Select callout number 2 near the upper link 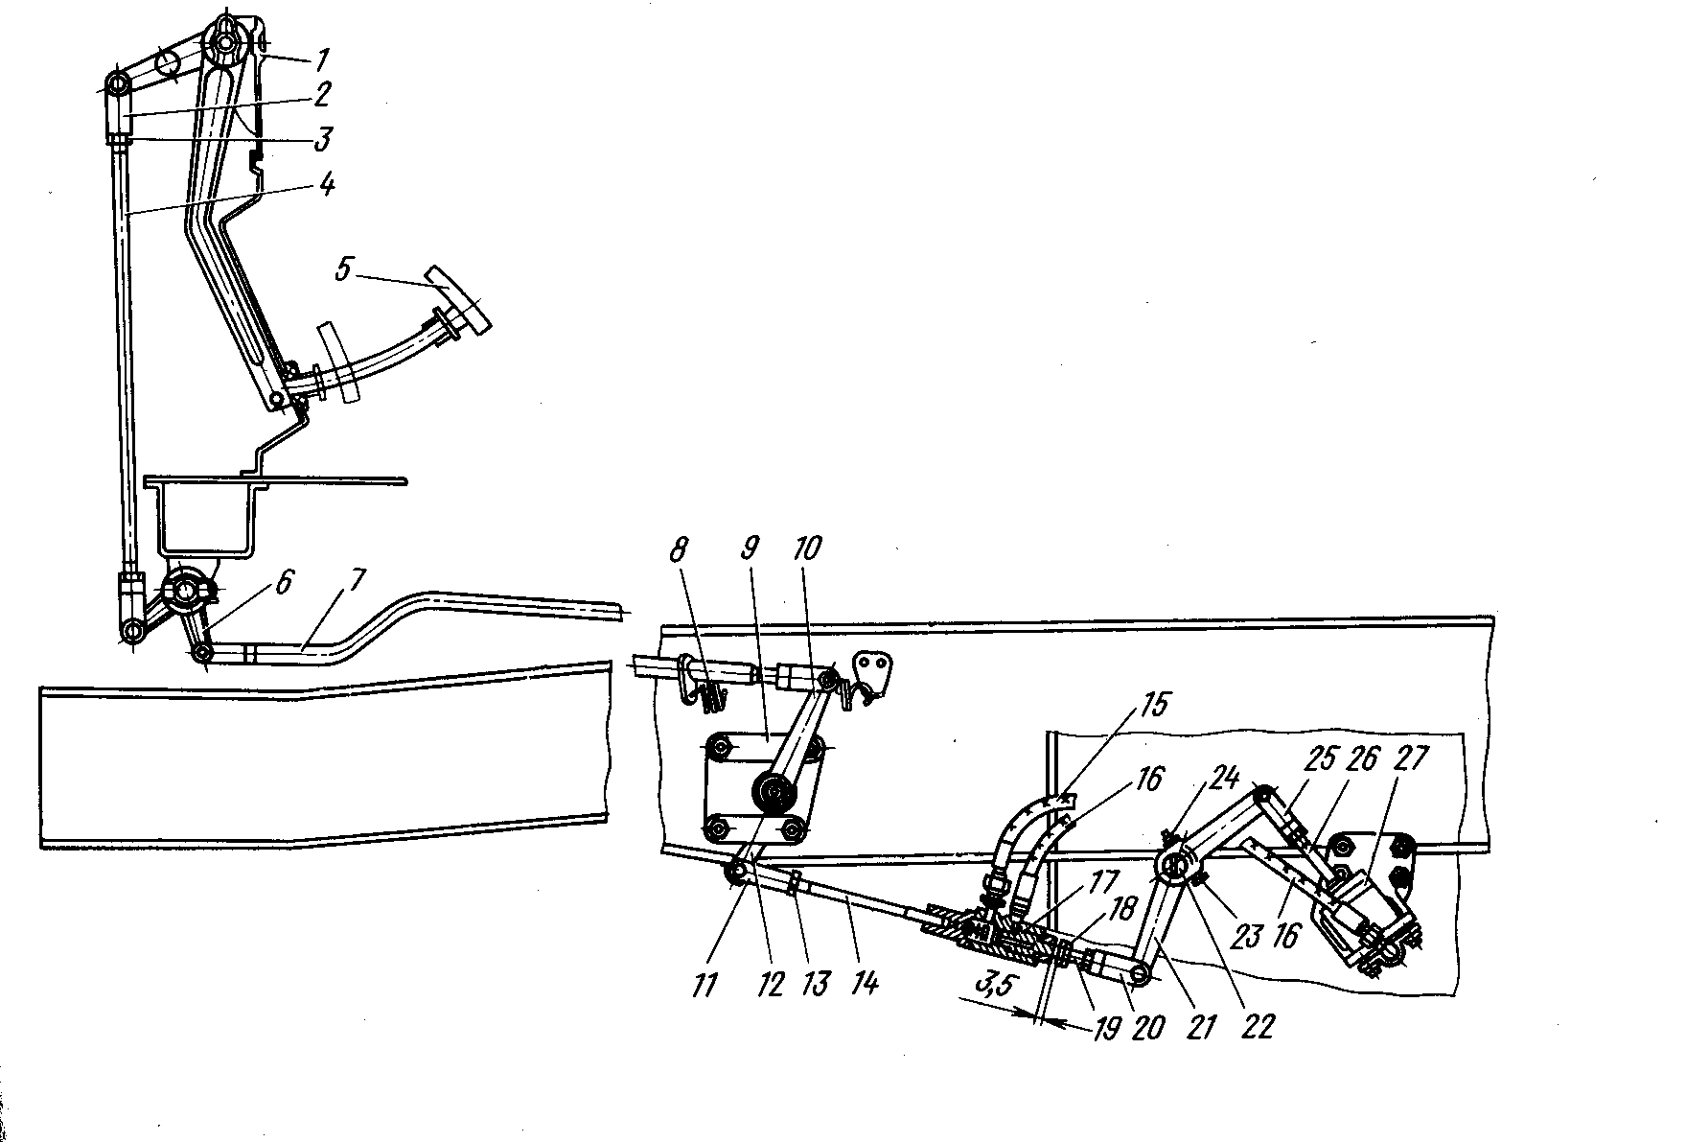tap(320, 96)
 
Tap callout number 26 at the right tap(1361, 760)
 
